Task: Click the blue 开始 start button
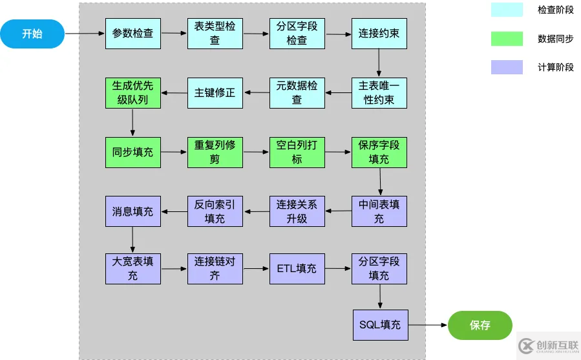[x=32, y=34]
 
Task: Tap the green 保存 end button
[x=480, y=325]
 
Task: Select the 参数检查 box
[x=132, y=33]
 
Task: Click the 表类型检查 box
[x=215, y=33]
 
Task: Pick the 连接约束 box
[x=379, y=33]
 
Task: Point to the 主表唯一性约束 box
[x=379, y=92]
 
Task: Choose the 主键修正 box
[x=215, y=92]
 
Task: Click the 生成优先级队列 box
[x=132, y=92]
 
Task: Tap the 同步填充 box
[x=132, y=153]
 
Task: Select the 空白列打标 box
[x=297, y=153]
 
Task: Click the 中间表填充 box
[x=379, y=211]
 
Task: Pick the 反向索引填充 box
[x=215, y=211]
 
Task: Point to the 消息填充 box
[x=132, y=211]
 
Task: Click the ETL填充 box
[x=297, y=268]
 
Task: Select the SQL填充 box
[x=380, y=325]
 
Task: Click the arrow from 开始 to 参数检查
[x=85, y=33]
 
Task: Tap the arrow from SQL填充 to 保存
[x=427, y=325]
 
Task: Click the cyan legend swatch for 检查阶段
[x=507, y=10]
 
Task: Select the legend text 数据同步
[x=555, y=39]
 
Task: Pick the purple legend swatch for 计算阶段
[x=507, y=67]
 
